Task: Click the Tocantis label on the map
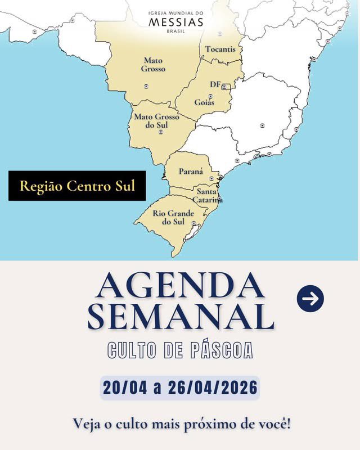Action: coord(220,49)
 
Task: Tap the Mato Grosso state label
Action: coord(154,64)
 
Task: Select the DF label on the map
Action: coord(215,84)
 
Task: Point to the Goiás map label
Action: coord(204,102)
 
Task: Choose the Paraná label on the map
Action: coord(191,171)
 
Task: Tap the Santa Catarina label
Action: coord(208,196)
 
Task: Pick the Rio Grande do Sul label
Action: coord(173,218)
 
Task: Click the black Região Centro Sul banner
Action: coord(77,186)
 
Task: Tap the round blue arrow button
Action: coord(310,299)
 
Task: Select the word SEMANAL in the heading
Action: coord(180,317)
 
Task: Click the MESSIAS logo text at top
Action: coord(176,22)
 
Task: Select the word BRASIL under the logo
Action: coord(176,31)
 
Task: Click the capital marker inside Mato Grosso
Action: coord(146,86)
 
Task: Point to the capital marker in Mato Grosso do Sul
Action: coord(161,132)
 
